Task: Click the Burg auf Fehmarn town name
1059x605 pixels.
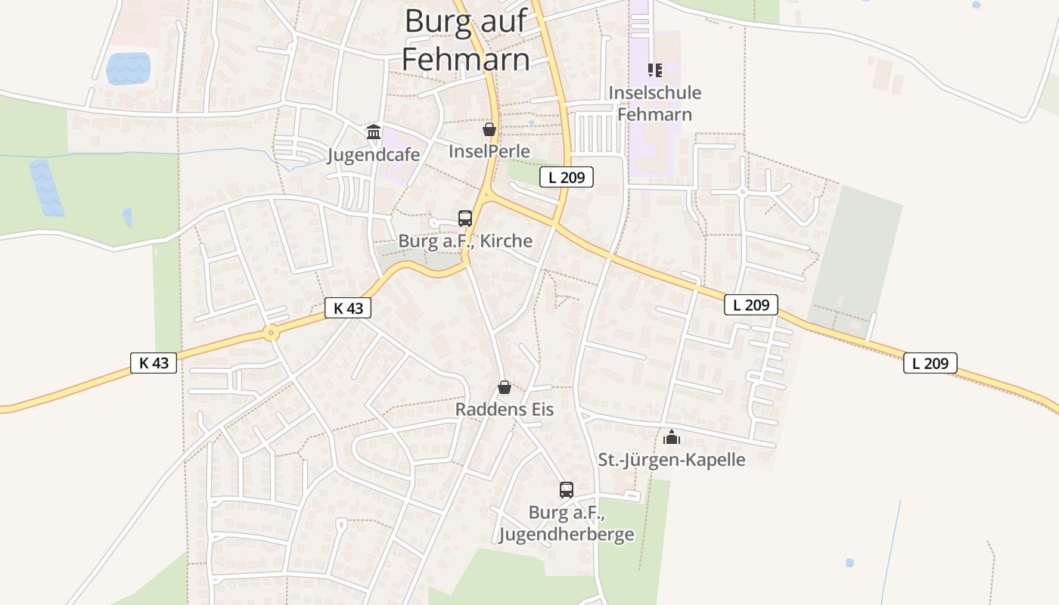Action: tap(465, 39)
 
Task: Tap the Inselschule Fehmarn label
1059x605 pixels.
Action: tap(655, 104)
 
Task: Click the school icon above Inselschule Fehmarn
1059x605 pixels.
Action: tap(655, 70)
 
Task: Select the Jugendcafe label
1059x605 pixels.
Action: tap(374, 155)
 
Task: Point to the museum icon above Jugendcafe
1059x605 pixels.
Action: tap(374, 132)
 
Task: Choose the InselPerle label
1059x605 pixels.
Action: tap(489, 150)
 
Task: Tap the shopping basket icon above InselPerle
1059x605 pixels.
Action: tap(489, 129)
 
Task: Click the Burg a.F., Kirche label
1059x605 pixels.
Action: tap(465, 241)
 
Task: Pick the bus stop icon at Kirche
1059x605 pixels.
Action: tap(465, 219)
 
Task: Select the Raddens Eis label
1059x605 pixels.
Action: tap(505, 409)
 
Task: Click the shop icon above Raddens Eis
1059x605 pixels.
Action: tap(505, 388)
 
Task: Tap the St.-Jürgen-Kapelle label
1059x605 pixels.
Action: tap(672, 459)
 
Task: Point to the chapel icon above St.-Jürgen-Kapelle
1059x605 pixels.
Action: tap(672, 436)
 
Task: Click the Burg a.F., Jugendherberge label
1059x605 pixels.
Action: tap(567, 523)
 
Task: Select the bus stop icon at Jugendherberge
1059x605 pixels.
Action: tap(567, 489)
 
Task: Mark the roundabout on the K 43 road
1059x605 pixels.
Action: tap(271, 332)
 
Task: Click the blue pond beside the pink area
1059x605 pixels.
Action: tap(129, 69)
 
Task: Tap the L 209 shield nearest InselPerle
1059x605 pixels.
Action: tap(567, 178)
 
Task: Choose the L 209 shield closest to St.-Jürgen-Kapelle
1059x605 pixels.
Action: tap(751, 305)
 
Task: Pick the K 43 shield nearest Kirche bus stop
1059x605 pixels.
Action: tap(348, 308)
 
